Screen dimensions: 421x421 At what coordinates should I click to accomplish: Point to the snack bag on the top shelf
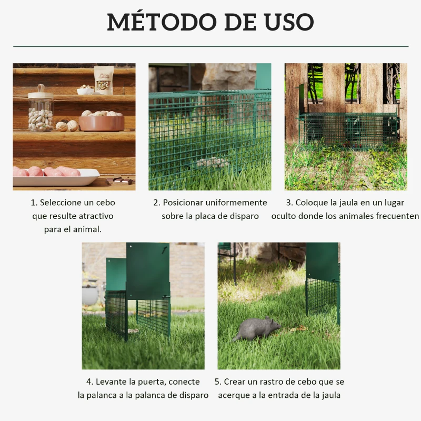coord(104,79)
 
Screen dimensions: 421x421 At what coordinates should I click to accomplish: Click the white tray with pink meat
coord(55,176)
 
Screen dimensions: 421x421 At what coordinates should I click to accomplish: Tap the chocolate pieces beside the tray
coord(119,181)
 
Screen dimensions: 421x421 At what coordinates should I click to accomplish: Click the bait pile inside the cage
coord(214,162)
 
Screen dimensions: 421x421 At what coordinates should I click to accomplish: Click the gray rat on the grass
coord(257,328)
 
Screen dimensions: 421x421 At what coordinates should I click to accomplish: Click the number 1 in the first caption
coord(33,203)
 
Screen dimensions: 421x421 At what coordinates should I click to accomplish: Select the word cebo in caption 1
coord(104,203)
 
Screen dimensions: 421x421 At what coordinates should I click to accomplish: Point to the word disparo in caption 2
coord(244,216)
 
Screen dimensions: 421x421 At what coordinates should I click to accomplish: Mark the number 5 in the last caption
coord(217,382)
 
